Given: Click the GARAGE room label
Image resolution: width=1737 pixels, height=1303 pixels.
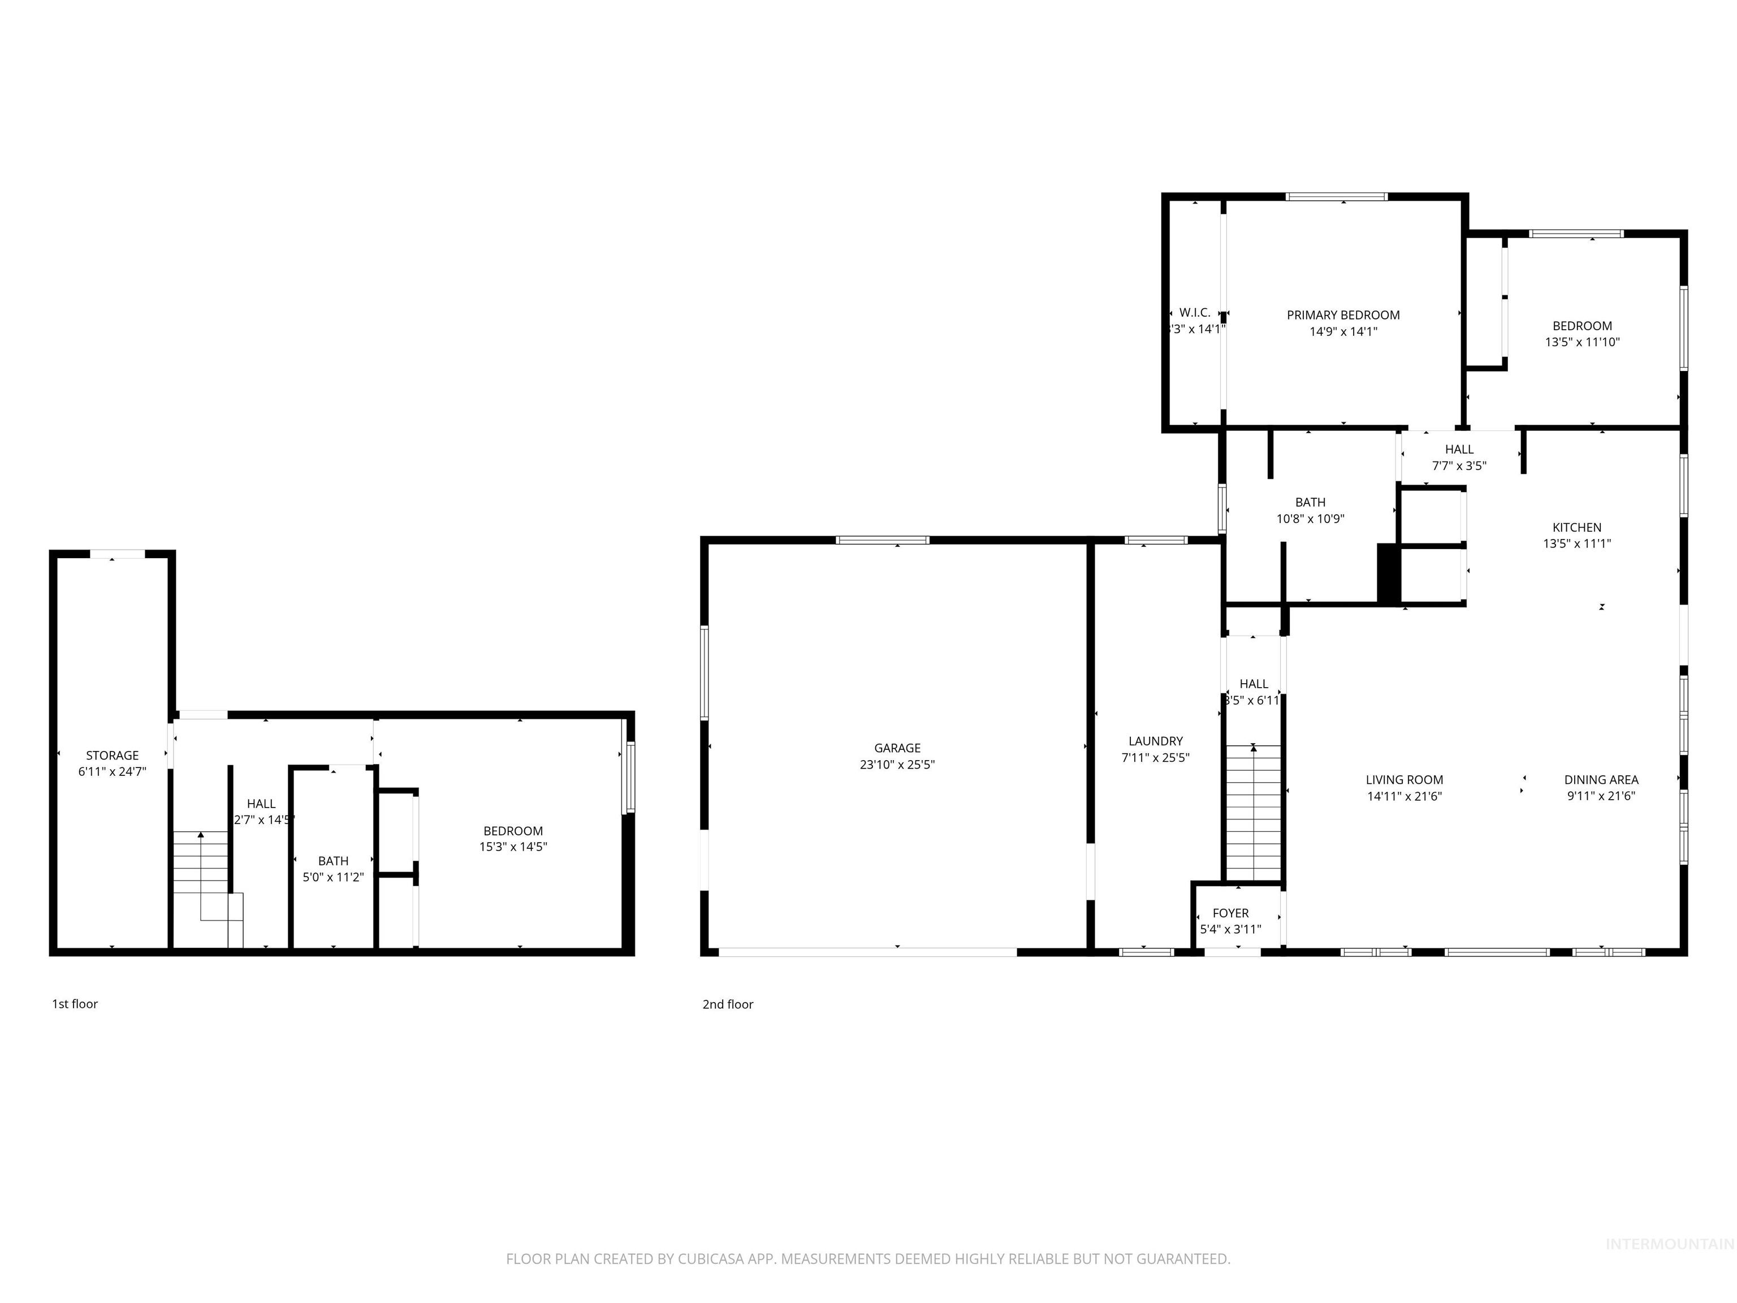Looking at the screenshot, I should (x=897, y=748).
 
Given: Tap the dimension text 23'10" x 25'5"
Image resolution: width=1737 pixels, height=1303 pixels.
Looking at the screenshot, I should (x=897, y=764).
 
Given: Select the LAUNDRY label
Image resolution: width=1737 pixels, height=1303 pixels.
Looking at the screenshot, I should (x=1155, y=741).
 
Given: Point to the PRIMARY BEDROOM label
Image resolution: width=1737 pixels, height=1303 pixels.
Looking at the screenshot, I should (x=1343, y=315).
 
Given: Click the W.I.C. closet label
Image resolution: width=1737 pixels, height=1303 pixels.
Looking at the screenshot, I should (x=1194, y=313).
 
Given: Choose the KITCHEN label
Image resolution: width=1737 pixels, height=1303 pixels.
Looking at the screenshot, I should (x=1577, y=527).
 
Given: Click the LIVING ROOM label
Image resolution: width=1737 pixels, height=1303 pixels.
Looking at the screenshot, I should (x=1404, y=779).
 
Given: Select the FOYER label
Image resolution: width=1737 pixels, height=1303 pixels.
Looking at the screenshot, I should (x=1230, y=913).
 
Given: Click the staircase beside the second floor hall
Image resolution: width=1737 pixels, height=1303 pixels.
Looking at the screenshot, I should (x=1254, y=813).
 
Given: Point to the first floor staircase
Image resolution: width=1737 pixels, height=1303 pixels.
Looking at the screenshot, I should (x=202, y=864).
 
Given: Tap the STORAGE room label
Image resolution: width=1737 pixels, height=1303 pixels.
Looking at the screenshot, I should (x=113, y=755).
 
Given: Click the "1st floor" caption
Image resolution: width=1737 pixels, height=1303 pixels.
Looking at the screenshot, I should (x=75, y=1004).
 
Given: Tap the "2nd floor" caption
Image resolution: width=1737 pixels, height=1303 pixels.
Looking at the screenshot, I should (x=727, y=1004).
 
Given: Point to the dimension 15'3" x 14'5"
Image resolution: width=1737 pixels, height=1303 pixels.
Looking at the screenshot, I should (x=513, y=847).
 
